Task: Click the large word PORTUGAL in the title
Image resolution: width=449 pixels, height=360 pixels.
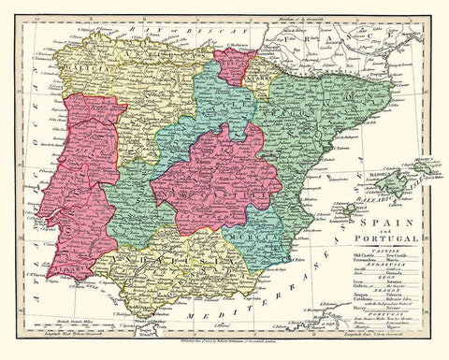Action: pos(384,246)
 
